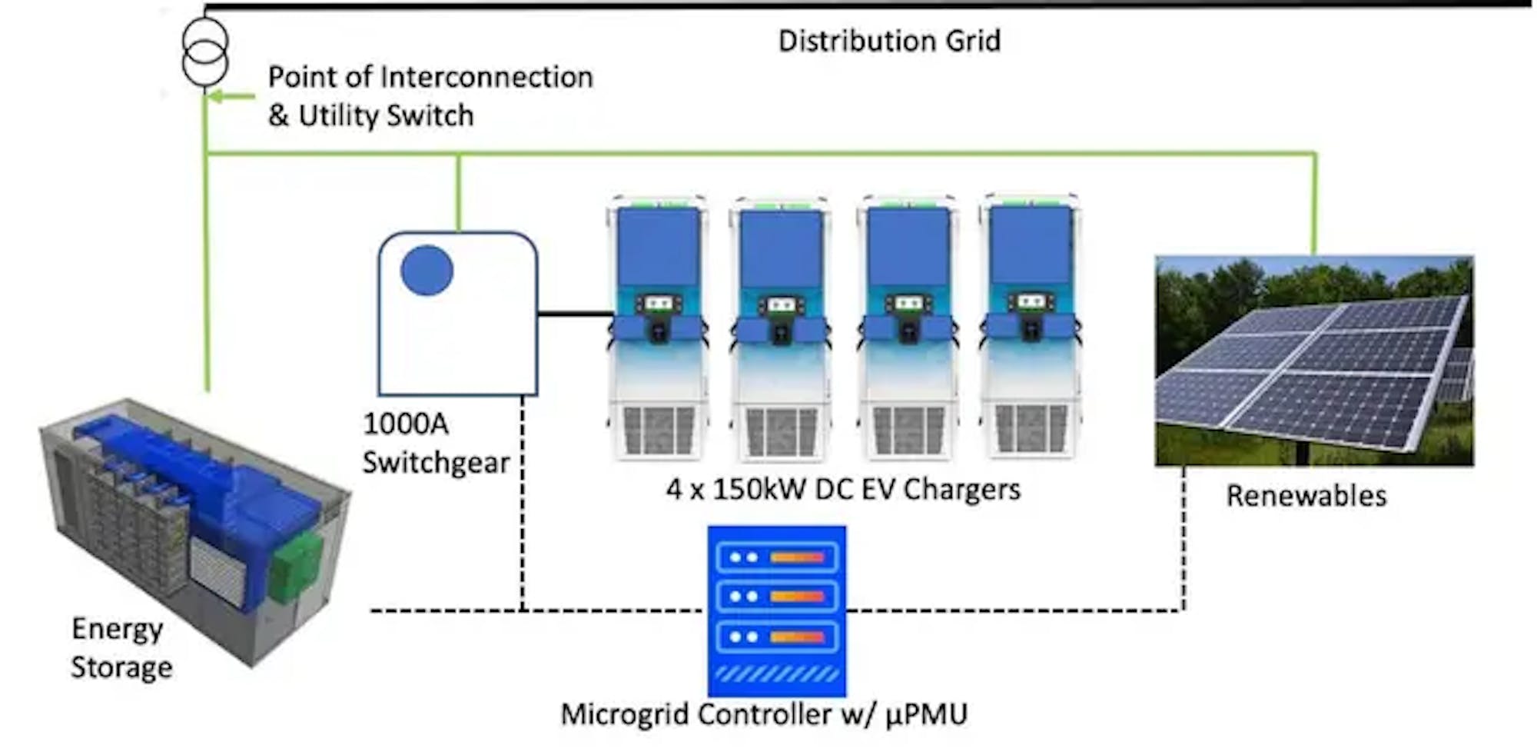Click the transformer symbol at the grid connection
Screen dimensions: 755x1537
[205, 52]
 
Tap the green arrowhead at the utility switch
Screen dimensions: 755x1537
[216, 97]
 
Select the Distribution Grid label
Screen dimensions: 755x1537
[889, 41]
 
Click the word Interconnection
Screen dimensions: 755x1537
[486, 77]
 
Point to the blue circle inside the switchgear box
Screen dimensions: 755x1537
[427, 270]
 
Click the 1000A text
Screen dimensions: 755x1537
[406, 424]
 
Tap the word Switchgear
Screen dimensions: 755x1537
[436, 463]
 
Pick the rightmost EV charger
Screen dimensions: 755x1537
[1031, 327]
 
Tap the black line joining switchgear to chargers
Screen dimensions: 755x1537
[574, 314]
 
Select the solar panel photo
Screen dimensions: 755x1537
[1314, 361]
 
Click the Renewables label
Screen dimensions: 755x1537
[1306, 496]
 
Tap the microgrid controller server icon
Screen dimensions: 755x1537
[777, 610]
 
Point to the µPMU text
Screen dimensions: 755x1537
[926, 714]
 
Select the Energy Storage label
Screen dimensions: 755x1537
[121, 648]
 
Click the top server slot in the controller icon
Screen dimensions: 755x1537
[776, 557]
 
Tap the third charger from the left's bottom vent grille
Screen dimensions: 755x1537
[908, 430]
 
